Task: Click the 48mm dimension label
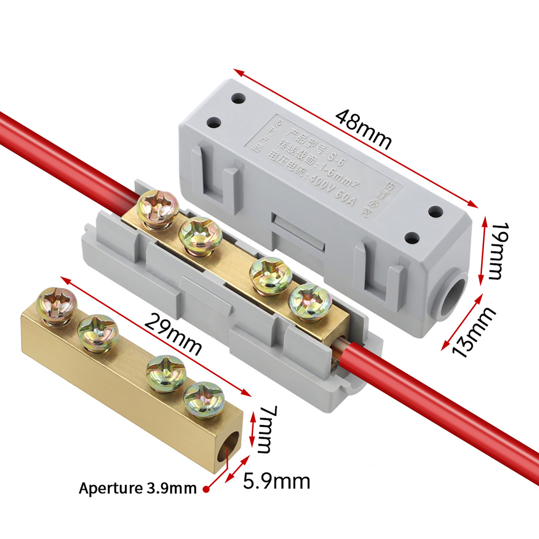[x=364, y=130]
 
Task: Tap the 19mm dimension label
[x=498, y=251]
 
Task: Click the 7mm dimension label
[x=268, y=430]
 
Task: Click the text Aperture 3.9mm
[x=137, y=488]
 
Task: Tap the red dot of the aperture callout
[x=206, y=489]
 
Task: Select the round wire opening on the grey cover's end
[x=453, y=296]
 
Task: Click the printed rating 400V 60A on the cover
[x=332, y=191]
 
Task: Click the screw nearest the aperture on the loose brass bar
[x=204, y=399]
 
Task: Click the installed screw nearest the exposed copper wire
[x=310, y=300]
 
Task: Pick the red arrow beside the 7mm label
[x=252, y=430]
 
